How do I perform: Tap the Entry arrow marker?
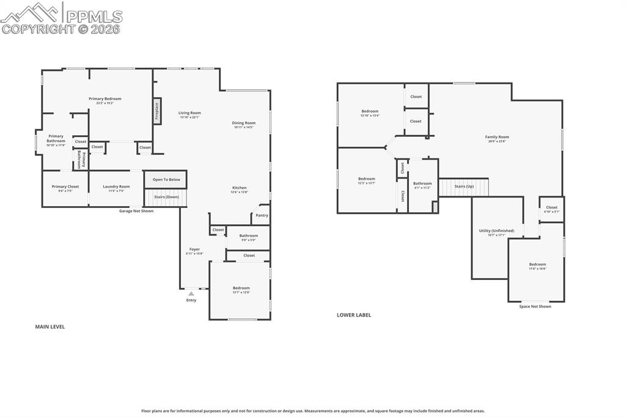coord(191,293)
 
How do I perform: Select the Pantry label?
coord(262,215)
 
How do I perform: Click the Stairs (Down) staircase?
coord(166,197)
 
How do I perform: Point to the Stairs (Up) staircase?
coord(464,186)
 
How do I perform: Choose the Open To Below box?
coord(166,179)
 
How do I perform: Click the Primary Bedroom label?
coord(105,99)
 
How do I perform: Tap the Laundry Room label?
coord(116,186)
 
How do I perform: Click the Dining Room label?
coord(244,123)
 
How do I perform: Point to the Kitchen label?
coord(239,188)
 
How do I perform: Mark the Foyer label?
coord(194,249)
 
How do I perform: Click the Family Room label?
coord(496,137)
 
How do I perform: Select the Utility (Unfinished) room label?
coord(496,231)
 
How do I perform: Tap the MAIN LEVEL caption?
coord(50,327)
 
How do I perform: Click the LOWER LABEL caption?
coord(353,315)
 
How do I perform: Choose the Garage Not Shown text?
coord(136,211)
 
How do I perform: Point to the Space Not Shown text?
coord(535,306)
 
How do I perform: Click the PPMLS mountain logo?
coord(31,11)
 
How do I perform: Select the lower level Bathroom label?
coord(422,183)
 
